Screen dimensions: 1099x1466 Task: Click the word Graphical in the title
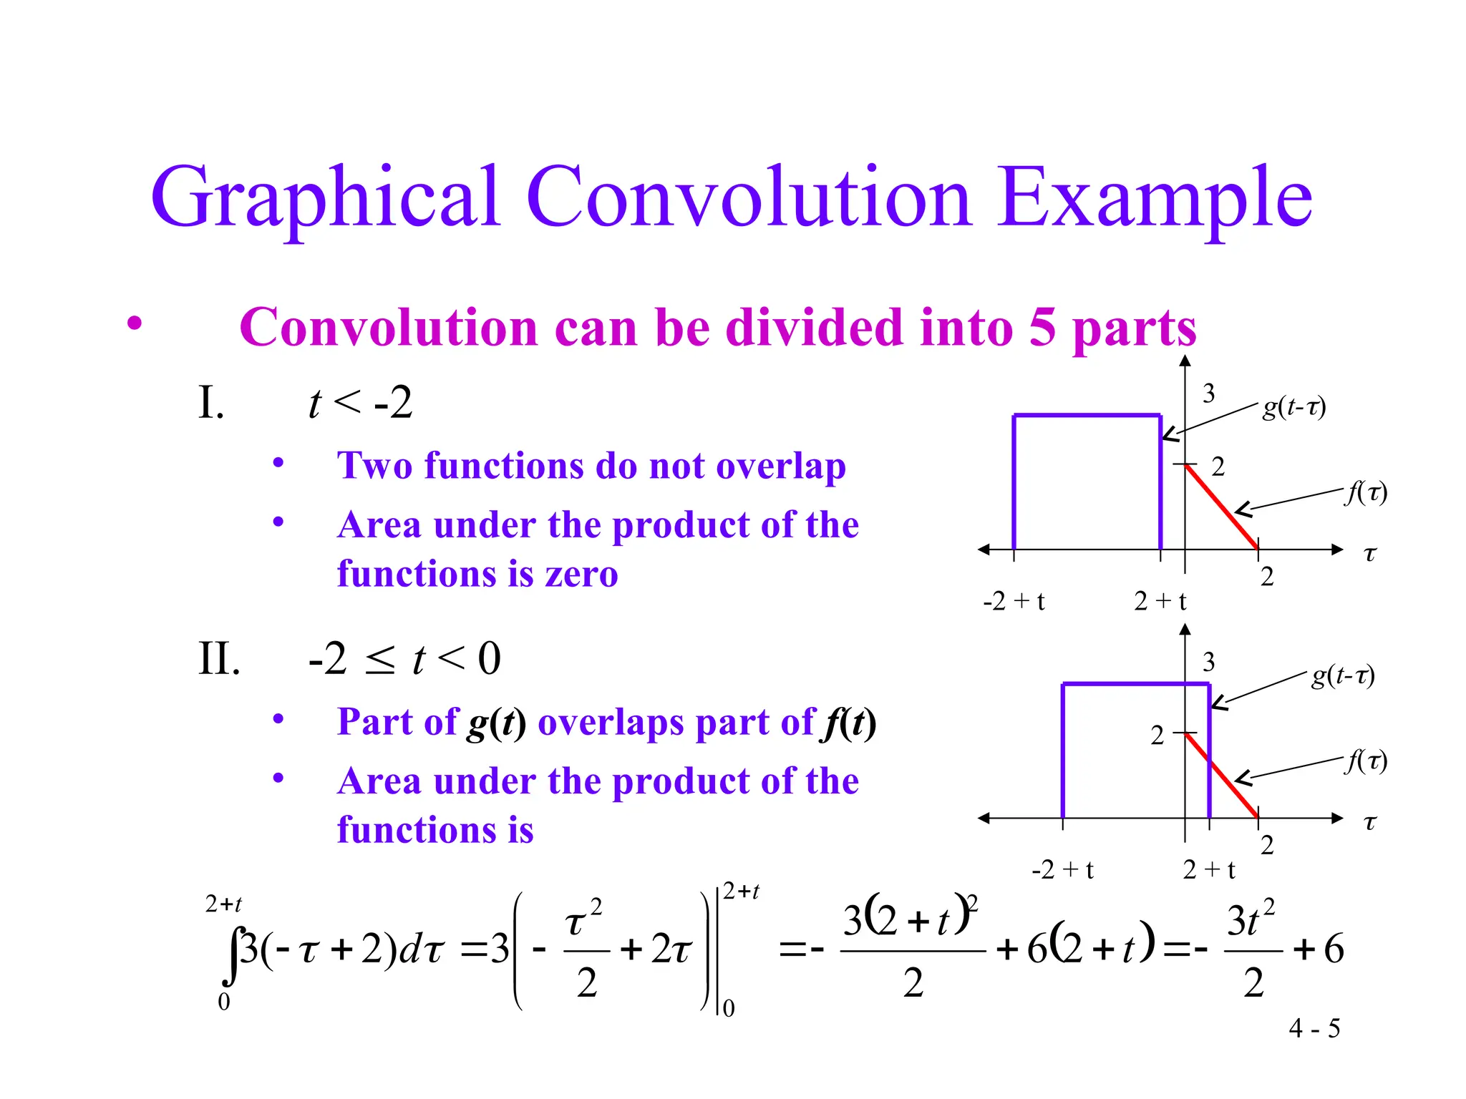click(326, 199)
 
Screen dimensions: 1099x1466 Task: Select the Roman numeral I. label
click(211, 403)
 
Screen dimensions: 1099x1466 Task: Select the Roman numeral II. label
click(219, 659)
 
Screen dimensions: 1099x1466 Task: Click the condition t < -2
click(360, 403)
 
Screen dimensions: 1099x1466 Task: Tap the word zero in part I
click(581, 574)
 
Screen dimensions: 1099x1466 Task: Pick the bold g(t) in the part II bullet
click(497, 723)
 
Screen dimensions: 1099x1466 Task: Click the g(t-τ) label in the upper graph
click(1294, 407)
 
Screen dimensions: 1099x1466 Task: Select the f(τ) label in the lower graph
click(1366, 761)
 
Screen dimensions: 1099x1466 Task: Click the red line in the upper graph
click(1222, 507)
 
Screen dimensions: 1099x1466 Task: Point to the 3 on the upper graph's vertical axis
click(1209, 393)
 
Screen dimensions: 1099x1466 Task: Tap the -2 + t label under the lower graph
click(1063, 870)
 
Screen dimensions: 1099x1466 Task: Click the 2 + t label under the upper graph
click(1160, 601)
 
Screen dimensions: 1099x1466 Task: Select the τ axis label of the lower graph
click(1370, 822)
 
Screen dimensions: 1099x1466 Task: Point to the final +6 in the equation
click(1319, 949)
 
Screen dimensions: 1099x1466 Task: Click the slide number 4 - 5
click(1314, 1029)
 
